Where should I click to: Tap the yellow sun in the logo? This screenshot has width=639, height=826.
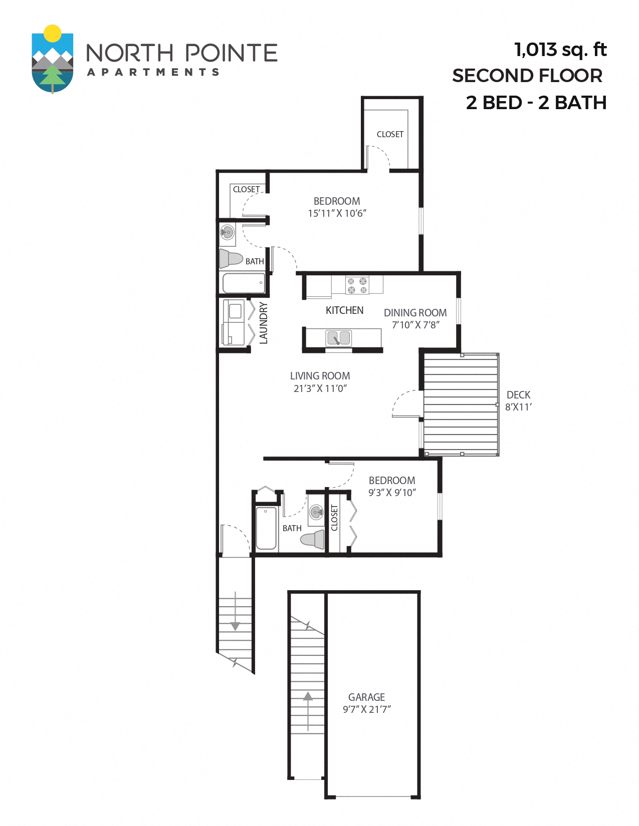pos(52,33)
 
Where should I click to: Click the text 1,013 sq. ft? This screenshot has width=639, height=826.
pos(560,50)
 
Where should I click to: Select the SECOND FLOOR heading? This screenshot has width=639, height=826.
pos(527,76)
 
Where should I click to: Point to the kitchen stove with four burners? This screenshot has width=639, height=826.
pos(357,285)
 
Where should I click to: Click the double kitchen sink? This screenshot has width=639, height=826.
pos(339,338)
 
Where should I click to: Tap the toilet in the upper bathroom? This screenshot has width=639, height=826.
pos(231,259)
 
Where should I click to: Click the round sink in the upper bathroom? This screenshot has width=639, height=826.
pos(228,232)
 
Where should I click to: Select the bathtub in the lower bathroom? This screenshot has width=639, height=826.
pos(266,528)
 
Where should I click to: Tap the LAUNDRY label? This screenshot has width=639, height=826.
pos(264,323)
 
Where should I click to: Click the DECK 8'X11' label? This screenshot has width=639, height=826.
pos(518,401)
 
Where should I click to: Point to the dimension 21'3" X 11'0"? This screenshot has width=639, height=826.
pos(320,388)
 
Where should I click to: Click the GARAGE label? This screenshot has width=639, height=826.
pos(366,697)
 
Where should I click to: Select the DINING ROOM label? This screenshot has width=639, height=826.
pos(415,313)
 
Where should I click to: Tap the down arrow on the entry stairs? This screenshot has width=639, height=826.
pos(235,626)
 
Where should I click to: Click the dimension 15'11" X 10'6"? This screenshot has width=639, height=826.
pos(337,213)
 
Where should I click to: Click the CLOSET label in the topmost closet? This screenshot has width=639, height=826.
pos(390,134)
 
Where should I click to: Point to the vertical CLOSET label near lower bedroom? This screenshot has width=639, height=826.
pos(334,518)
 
